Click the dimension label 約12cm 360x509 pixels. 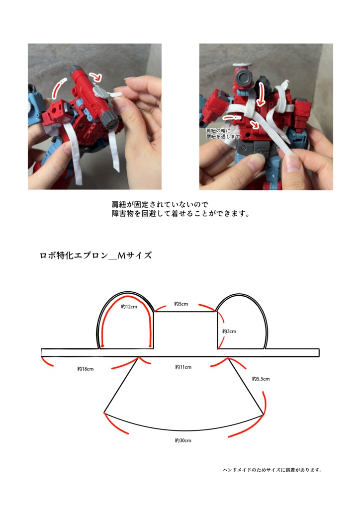[x=129, y=307]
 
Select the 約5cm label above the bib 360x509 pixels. [x=181, y=303]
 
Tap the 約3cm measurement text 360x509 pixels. [x=229, y=331]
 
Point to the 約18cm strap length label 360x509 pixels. [x=86, y=369]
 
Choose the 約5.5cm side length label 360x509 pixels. [x=261, y=379]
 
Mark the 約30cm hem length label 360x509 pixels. [x=183, y=441]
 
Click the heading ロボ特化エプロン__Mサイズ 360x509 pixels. [x=95, y=256]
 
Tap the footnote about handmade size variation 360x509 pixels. [x=272, y=470]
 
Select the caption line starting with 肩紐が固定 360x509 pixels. [x=159, y=204]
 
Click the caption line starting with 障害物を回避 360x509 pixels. [x=180, y=214]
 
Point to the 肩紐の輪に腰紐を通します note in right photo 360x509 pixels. [x=223, y=133]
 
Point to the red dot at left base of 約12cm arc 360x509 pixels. [x=102, y=345]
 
